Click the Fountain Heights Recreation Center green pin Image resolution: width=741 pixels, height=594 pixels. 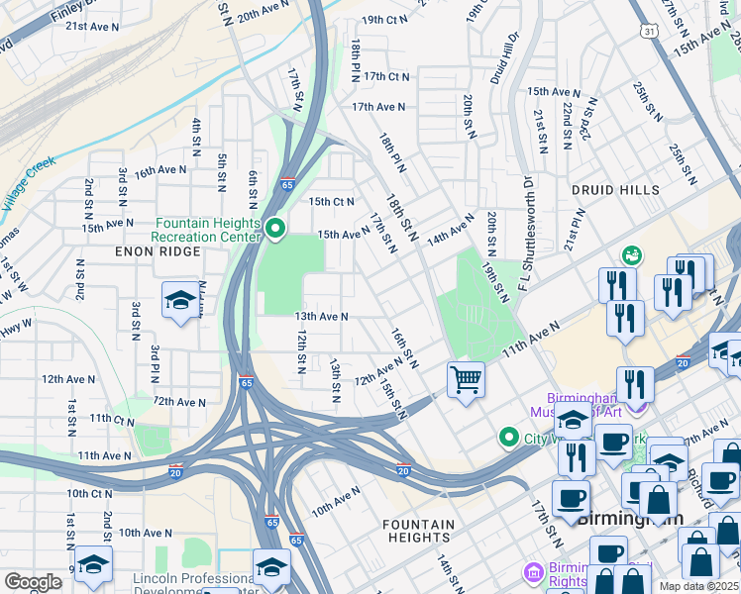[x=274, y=230]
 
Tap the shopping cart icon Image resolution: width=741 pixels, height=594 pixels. [x=466, y=378]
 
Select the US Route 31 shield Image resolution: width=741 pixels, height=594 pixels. [x=649, y=32]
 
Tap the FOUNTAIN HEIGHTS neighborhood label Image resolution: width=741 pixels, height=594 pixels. [x=420, y=531]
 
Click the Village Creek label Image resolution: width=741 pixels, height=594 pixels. [x=30, y=184]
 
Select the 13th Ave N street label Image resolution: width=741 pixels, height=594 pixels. [x=321, y=317]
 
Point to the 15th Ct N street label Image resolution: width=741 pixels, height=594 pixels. [x=332, y=202]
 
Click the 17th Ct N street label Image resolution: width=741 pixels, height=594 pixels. [x=386, y=76]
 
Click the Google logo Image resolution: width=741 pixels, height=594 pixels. [x=33, y=582]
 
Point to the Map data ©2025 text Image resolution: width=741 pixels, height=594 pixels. [x=698, y=586]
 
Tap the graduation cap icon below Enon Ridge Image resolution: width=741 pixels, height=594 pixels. [x=179, y=301]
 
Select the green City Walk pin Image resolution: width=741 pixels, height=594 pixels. [x=509, y=437]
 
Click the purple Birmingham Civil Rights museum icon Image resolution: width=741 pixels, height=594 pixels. [x=534, y=572]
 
